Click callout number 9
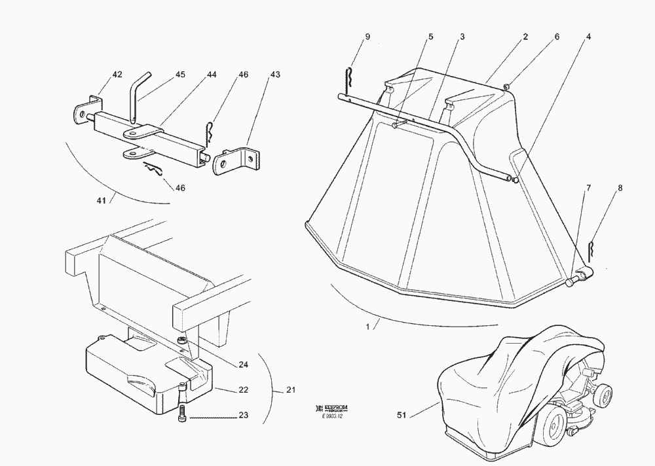click(x=367, y=37)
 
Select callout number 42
click(x=117, y=75)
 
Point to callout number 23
click(x=243, y=414)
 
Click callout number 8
click(x=620, y=188)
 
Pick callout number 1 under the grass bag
click(x=368, y=325)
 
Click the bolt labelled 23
click(x=181, y=415)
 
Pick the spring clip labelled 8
click(x=591, y=250)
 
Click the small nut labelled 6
click(x=507, y=86)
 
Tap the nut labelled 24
click(x=181, y=340)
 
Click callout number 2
click(x=526, y=37)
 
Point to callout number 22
click(x=243, y=390)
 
